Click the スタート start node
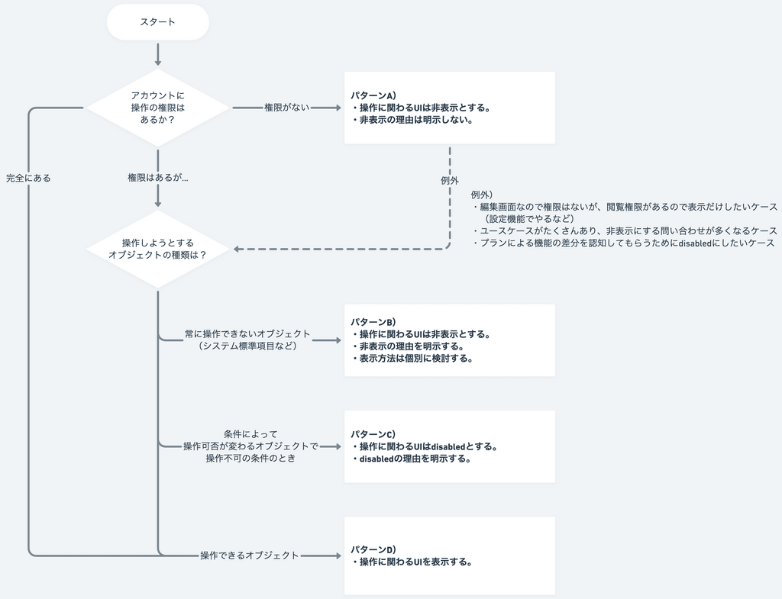tap(157, 22)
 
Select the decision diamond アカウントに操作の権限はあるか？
tap(157, 108)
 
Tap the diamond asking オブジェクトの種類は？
tap(157, 249)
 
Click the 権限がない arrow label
tap(286, 108)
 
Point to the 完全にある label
tap(28, 178)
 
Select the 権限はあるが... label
tap(157, 178)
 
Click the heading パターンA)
tap(373, 96)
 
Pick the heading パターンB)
tap(373, 322)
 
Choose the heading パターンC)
tap(373, 434)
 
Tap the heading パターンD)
tap(373, 549)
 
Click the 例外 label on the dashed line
tap(450, 181)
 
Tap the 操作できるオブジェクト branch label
tap(249, 556)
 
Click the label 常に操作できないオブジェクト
tap(247, 334)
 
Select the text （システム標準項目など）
tap(247, 346)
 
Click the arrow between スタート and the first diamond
tap(157, 54)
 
